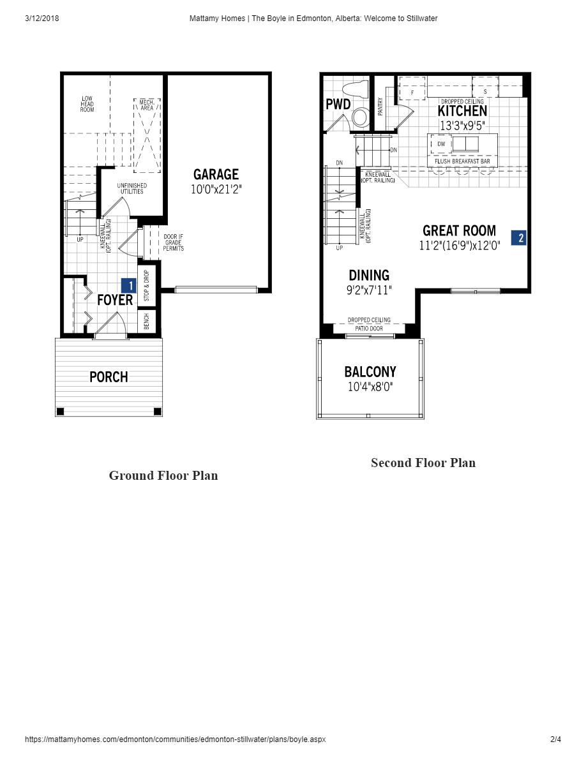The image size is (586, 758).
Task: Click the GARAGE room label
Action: click(216, 174)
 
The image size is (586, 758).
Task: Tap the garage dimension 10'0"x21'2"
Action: click(216, 189)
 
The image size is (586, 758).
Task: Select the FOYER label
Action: click(115, 300)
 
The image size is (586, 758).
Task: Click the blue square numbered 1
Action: click(129, 286)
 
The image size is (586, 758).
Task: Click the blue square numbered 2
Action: click(519, 238)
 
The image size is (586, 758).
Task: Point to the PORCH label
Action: click(109, 377)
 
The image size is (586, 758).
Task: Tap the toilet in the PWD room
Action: click(354, 89)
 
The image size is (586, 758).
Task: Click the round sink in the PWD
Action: click(361, 117)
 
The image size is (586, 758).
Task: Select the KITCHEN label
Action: click(462, 111)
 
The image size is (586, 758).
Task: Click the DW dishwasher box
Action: click(441, 144)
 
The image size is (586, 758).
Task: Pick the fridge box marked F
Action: click(412, 93)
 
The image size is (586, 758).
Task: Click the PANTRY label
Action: click(380, 106)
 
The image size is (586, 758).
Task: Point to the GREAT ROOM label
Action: click(459, 231)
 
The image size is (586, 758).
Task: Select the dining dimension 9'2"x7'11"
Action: click(369, 290)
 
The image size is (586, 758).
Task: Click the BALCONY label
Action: click(370, 371)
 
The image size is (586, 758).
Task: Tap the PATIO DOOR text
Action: click(369, 329)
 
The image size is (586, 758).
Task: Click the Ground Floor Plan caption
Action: click(163, 475)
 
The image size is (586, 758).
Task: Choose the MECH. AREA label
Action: click(147, 105)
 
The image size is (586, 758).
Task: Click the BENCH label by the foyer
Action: click(146, 321)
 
